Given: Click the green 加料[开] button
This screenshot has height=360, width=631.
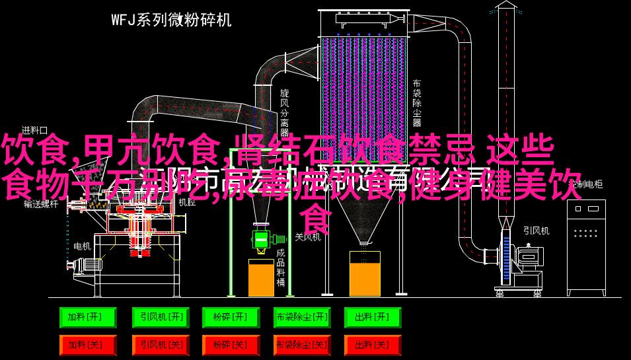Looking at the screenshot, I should click(87, 318).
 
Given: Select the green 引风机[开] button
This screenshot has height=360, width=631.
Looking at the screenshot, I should click(159, 318).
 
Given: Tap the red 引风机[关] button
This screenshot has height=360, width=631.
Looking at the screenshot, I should click(159, 345).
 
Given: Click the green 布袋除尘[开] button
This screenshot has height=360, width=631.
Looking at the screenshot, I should click(301, 318).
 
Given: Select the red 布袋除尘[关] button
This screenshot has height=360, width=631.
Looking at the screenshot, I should click(301, 345).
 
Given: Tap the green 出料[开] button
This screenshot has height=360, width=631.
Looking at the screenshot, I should click(372, 318).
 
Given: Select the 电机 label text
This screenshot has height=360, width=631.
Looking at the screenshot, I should click(82, 246).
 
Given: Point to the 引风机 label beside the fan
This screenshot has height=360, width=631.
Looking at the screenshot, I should click(536, 231).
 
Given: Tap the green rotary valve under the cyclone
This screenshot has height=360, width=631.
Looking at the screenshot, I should click(261, 238).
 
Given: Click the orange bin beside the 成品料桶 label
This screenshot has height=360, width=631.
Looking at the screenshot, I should click(261, 277).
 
